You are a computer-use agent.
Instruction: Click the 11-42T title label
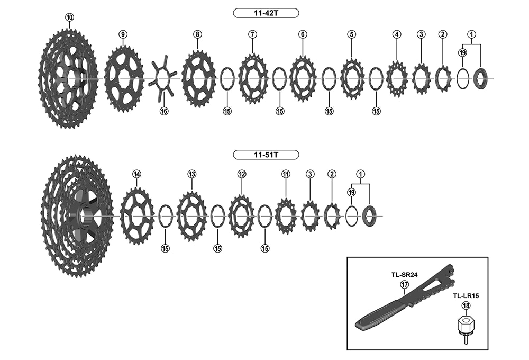coord(266,13)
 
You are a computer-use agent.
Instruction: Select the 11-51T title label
coord(266,155)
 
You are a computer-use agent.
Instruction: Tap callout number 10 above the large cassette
coord(69,17)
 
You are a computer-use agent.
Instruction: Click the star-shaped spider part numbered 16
coord(163,78)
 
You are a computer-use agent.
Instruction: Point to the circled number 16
coord(164,111)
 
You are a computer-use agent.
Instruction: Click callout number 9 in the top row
coord(123,34)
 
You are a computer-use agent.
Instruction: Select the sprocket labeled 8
coord(199,79)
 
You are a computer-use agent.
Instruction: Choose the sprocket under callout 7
coord(253,78)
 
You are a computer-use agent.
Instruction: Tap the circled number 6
coord(303,34)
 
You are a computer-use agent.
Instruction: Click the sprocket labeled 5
coord(352,79)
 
